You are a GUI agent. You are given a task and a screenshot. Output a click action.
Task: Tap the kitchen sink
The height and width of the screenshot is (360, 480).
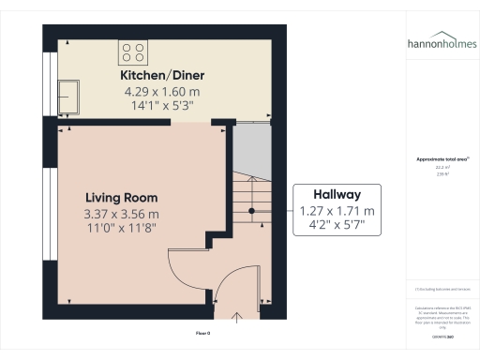[x=68, y=95]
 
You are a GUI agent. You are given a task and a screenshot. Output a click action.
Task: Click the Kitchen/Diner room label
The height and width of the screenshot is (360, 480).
[x=162, y=75]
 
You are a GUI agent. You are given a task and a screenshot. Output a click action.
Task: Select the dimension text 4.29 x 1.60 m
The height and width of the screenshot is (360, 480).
[x=162, y=92]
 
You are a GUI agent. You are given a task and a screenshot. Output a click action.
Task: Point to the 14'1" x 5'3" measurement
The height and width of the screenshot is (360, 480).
[x=162, y=107]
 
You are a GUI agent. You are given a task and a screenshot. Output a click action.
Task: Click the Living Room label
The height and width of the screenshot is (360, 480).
[x=121, y=198]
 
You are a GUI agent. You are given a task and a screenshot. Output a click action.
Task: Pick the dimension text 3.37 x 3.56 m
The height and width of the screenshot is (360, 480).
[x=121, y=214]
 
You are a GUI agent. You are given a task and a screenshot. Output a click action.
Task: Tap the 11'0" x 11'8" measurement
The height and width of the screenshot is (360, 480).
[x=121, y=229]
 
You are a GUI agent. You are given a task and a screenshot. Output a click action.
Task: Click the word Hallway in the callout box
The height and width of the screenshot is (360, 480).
[x=336, y=193]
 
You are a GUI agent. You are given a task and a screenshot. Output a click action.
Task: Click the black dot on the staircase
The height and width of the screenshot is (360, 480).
[x=250, y=210]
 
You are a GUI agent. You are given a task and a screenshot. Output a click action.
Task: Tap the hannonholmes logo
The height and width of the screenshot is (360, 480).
[x=441, y=43]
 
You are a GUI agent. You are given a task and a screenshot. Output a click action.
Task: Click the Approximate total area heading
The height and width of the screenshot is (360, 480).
[x=441, y=159]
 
